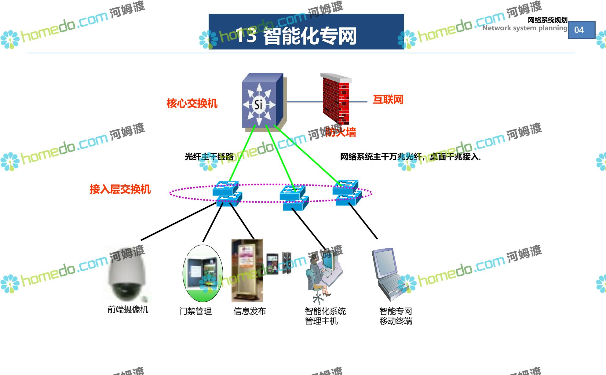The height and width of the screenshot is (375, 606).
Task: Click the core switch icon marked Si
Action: point(263,102)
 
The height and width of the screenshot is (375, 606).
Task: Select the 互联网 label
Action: point(388,100)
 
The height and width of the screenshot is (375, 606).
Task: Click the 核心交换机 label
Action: point(192,104)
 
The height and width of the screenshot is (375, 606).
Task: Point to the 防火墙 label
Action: point(341,132)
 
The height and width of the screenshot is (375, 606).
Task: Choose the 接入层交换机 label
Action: point(120,189)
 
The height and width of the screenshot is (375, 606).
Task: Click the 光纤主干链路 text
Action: point(209,157)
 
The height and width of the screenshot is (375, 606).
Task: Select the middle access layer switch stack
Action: point(293,198)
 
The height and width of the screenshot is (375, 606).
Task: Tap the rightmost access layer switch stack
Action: point(346,193)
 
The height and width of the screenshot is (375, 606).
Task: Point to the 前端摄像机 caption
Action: point(128,310)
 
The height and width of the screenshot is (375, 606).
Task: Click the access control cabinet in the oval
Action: point(203,273)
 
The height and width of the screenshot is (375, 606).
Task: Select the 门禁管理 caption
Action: point(195,311)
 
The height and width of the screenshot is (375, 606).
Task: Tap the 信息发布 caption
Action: point(250,311)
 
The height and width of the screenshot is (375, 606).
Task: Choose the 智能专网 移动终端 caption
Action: point(396,316)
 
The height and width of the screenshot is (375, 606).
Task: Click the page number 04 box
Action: point(581,30)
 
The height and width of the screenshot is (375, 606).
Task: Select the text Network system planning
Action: point(524,28)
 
